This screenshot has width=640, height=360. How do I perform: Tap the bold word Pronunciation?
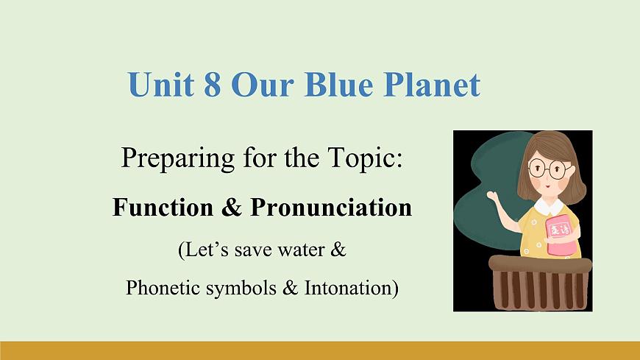331,208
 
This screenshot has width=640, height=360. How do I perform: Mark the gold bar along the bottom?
320,350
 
